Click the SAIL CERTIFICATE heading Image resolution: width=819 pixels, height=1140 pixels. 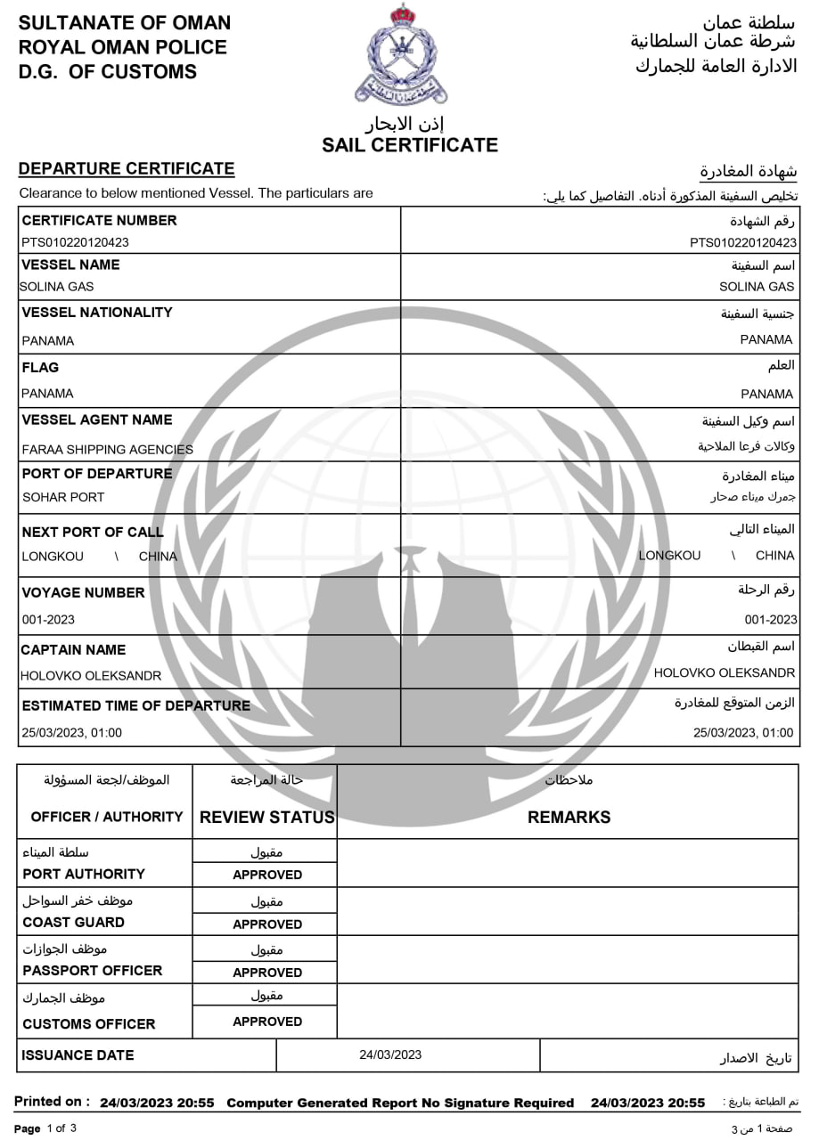click(x=410, y=145)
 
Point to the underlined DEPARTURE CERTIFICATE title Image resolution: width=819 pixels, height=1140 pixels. click(x=127, y=168)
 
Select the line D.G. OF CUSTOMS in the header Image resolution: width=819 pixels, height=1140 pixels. click(x=108, y=72)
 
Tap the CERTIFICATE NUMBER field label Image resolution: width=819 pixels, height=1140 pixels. click(x=99, y=220)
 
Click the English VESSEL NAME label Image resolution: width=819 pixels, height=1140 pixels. click(x=70, y=265)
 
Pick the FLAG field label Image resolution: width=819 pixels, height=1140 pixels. click(x=40, y=367)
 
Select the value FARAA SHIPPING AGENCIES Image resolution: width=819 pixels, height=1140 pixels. click(x=107, y=450)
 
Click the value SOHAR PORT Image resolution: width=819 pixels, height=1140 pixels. click(x=63, y=497)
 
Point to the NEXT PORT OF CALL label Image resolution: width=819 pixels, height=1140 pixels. click(x=93, y=533)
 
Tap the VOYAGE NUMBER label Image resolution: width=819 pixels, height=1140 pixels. click(x=83, y=592)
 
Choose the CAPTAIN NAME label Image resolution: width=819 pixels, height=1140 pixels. click(x=74, y=650)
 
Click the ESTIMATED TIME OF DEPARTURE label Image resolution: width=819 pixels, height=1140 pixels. click(x=136, y=705)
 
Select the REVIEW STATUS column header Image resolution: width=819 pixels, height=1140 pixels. click(x=267, y=817)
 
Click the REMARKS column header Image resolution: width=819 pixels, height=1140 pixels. click(x=569, y=817)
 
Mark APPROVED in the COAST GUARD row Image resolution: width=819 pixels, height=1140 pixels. click(x=267, y=924)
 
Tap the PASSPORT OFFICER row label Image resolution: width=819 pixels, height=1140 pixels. click(x=93, y=971)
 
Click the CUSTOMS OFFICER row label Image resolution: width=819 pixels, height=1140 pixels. click(x=89, y=1024)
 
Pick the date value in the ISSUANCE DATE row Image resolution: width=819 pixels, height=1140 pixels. click(x=390, y=1055)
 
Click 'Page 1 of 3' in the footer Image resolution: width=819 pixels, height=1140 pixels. click(x=45, y=1129)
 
